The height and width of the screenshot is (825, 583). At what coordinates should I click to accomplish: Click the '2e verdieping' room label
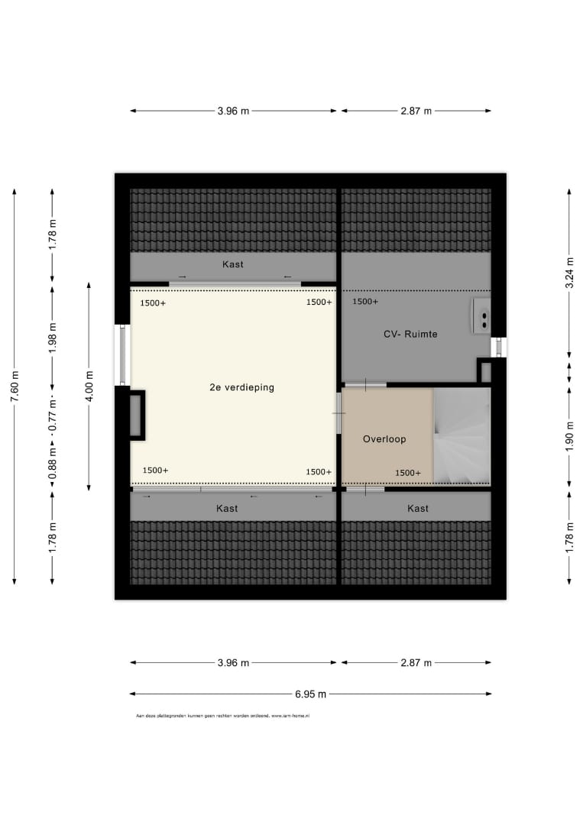click(241, 387)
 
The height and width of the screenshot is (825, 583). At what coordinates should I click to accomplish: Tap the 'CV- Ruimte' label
click(410, 334)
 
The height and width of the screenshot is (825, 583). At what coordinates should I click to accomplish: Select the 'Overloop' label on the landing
click(384, 439)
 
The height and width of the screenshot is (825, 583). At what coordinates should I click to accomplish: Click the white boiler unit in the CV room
click(482, 315)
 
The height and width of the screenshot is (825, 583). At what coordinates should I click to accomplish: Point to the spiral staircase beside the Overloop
click(462, 435)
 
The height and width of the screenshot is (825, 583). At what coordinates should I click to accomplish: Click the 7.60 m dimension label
click(15, 387)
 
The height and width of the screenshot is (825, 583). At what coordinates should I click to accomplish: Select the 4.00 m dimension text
click(89, 387)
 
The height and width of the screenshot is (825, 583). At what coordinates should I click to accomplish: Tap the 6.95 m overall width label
click(310, 694)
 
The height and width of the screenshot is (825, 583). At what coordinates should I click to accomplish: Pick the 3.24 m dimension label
click(568, 273)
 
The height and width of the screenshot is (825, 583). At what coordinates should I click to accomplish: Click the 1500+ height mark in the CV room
click(365, 302)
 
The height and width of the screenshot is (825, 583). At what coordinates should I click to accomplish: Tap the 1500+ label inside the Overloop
click(408, 473)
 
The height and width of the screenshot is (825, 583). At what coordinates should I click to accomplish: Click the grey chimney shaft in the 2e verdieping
click(135, 416)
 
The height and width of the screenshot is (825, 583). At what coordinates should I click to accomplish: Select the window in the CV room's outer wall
click(498, 347)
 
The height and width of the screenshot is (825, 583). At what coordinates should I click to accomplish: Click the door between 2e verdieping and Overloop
click(338, 413)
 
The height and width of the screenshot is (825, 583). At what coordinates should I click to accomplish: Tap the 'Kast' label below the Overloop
click(418, 508)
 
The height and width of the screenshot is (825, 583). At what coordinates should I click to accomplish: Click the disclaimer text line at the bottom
click(222, 717)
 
